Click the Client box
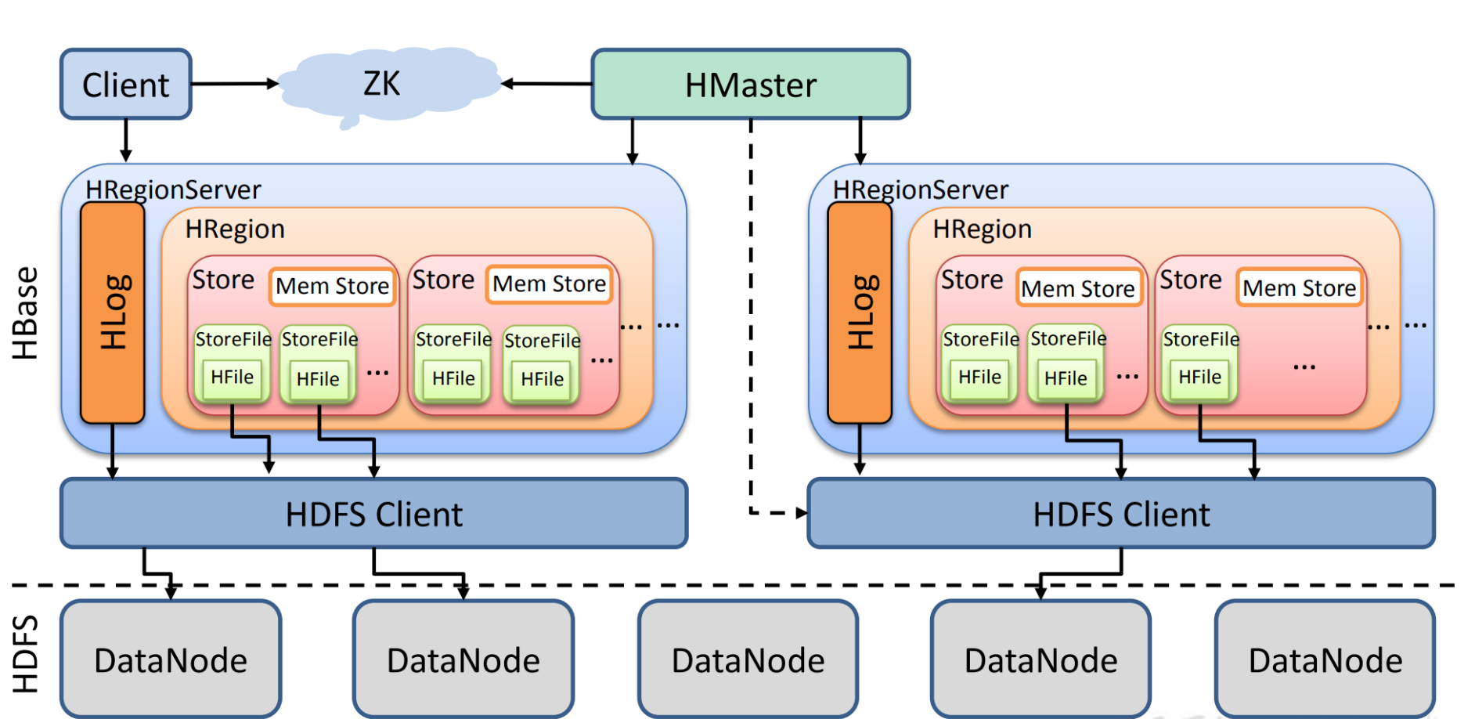pos(126,84)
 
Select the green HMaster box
pos(750,85)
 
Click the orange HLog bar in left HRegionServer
pos(113,312)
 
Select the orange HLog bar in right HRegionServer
pos(860,312)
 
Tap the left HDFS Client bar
pos(373,514)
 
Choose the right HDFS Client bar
pos(1120,514)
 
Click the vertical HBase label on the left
pos(25,313)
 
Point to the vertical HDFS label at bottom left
pos(25,653)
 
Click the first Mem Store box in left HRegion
pos(332,287)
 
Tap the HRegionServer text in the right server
pos(920,190)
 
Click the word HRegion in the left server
pos(235,229)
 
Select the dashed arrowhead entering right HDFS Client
pos(801,513)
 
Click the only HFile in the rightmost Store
pos(1199,378)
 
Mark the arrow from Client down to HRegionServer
pos(125,141)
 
